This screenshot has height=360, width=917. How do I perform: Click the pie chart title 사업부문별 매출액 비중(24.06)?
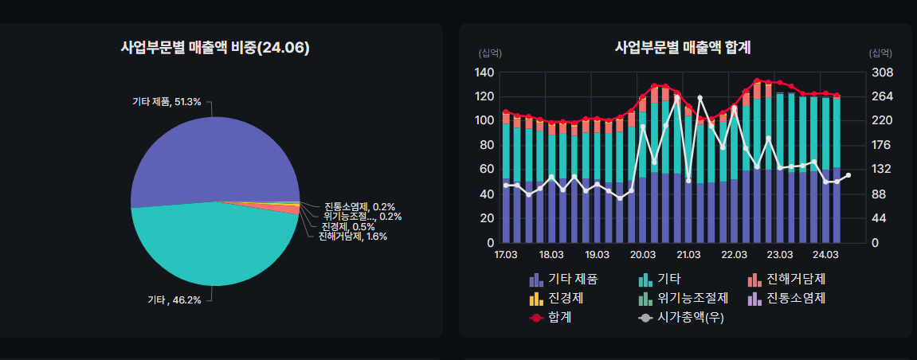tap(214, 48)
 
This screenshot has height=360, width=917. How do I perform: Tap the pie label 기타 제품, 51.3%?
tap(167, 102)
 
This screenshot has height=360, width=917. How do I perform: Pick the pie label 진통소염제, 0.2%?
tap(359, 206)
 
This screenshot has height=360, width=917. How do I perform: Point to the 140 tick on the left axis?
tap(484, 72)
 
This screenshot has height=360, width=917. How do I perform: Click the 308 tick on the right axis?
tap(883, 72)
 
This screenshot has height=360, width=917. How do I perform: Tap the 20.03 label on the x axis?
tap(642, 255)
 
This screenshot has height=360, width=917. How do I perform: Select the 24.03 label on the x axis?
tap(825, 255)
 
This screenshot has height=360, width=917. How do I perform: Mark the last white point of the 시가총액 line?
tap(848, 175)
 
